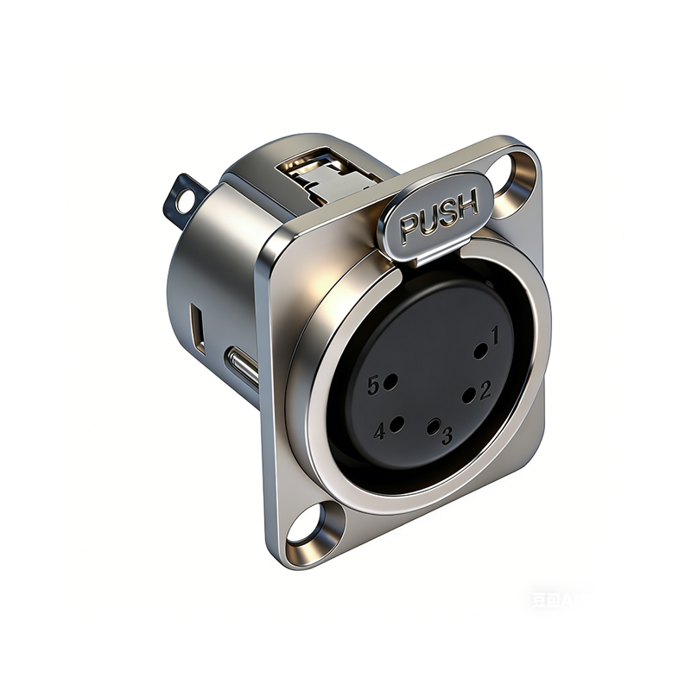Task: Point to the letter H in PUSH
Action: (x=466, y=206)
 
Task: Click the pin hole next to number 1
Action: (x=481, y=351)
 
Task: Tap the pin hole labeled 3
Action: (x=434, y=425)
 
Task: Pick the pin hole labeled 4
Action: (x=396, y=424)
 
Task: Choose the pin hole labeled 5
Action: (x=390, y=381)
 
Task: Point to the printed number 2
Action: (x=485, y=390)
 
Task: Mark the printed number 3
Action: (x=447, y=436)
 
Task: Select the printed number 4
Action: (x=379, y=431)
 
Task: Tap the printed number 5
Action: (x=373, y=386)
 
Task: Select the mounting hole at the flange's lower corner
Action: (x=305, y=526)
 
